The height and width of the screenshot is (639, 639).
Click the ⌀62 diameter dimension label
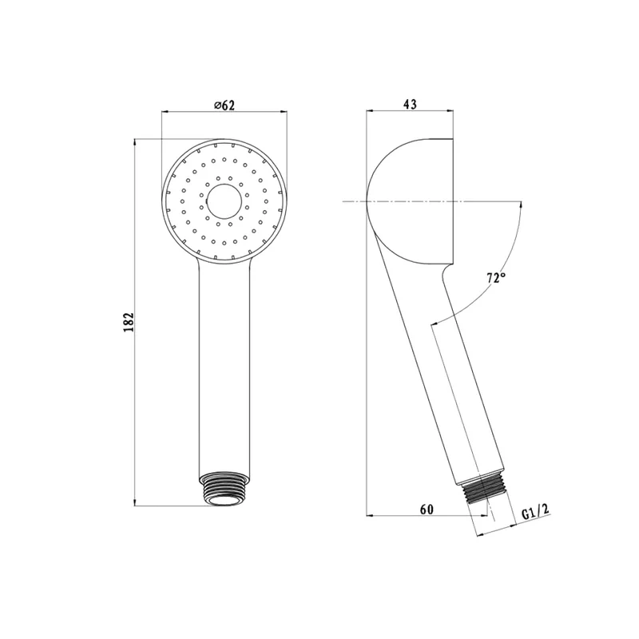click(x=224, y=105)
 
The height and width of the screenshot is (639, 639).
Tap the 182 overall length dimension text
click(x=129, y=323)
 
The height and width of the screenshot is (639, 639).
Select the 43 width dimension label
click(x=410, y=105)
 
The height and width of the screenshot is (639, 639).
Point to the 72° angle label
click(x=496, y=278)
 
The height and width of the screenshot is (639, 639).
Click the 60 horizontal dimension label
click(x=427, y=510)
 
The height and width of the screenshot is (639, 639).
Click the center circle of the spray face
click(x=224, y=202)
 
